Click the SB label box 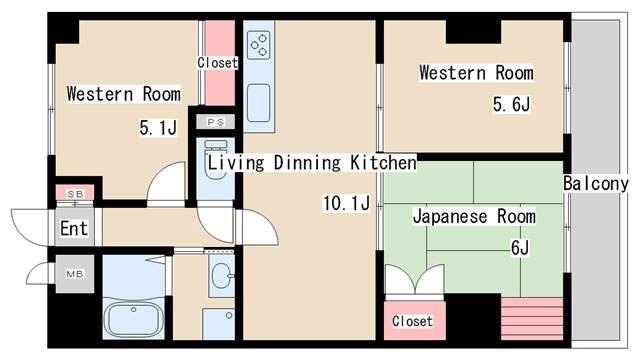coord(75,193)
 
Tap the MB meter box coord(74,273)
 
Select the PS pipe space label coord(216,122)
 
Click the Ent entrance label coord(74,228)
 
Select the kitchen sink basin coord(258,101)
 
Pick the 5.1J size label coord(157,128)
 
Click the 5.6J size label coord(510,104)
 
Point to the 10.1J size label coord(346,205)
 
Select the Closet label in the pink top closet coord(217,63)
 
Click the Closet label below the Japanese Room coord(412,321)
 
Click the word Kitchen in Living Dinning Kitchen coord(382,162)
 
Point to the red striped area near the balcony coord(534,320)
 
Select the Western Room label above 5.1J coord(123,95)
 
